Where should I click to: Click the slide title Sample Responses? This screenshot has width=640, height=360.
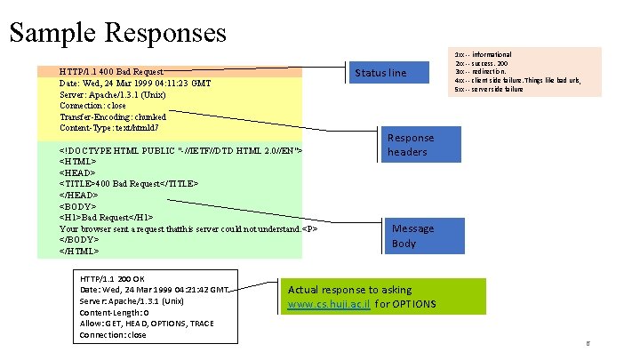[117, 33]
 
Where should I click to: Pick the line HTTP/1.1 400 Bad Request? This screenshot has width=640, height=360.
[111, 71]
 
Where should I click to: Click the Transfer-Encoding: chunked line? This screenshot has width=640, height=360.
[112, 116]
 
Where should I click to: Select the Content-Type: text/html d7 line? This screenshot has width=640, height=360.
[109, 128]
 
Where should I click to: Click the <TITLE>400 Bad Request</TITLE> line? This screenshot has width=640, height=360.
[129, 184]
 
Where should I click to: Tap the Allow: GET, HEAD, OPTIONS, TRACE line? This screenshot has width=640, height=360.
[147, 324]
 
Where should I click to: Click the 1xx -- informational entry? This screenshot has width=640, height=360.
[484, 55]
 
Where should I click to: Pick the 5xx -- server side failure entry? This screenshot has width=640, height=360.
[489, 90]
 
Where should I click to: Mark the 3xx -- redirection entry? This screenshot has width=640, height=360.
[481, 72]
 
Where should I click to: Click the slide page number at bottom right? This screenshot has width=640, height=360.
[587, 344]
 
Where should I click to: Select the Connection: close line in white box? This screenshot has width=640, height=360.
[113, 335]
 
